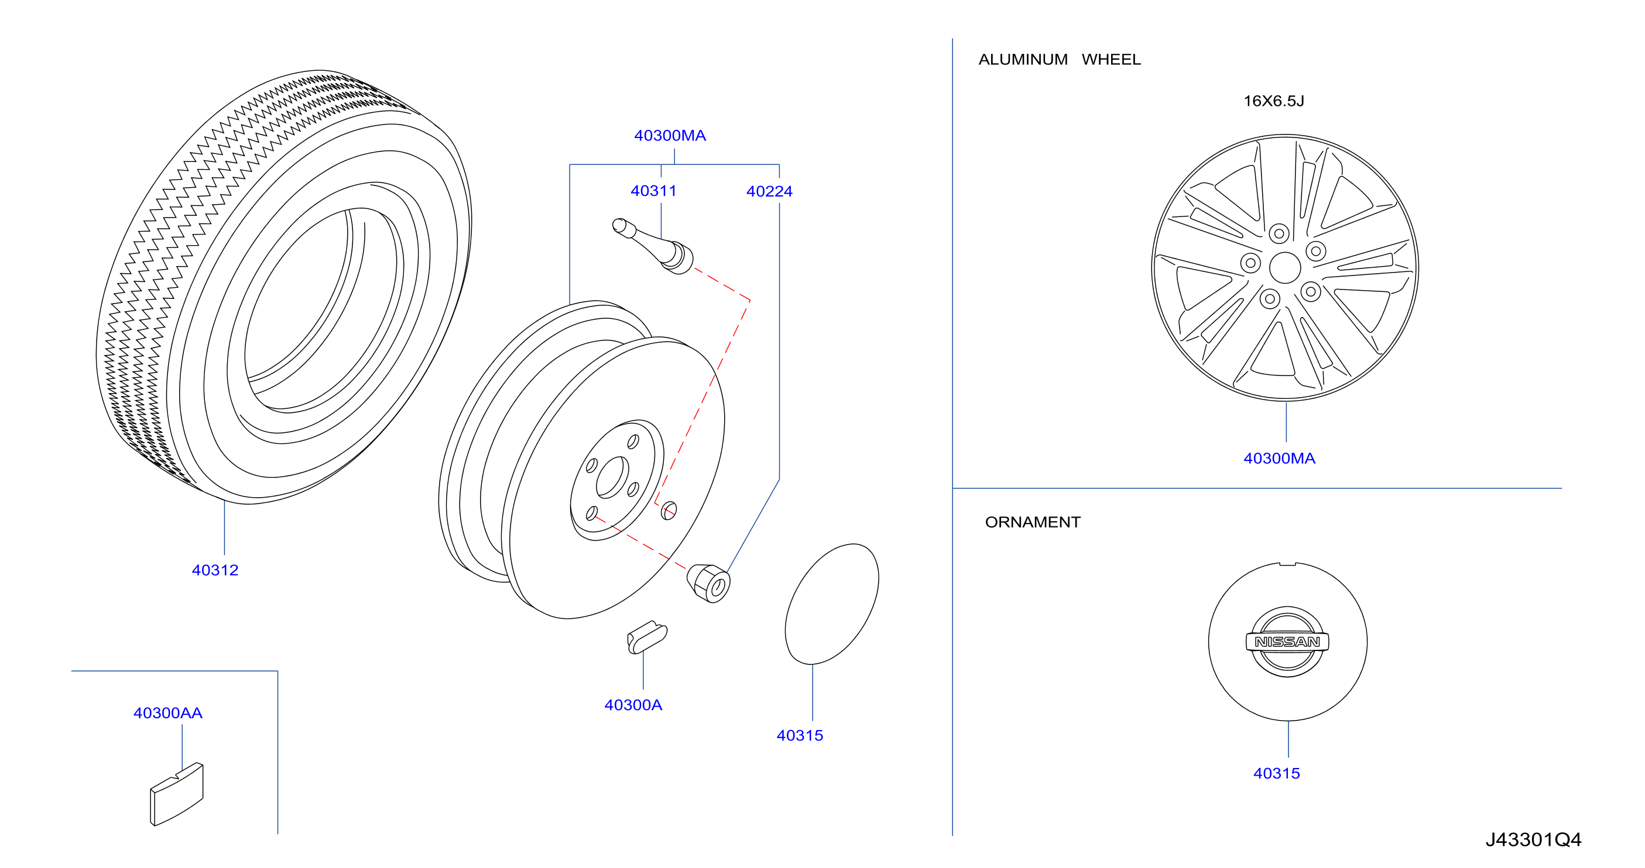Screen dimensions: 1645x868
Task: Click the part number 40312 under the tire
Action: (x=215, y=570)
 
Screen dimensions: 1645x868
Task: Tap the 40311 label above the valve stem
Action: (x=653, y=191)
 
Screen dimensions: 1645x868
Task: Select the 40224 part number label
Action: (x=769, y=191)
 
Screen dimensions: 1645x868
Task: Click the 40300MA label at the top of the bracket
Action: (x=670, y=135)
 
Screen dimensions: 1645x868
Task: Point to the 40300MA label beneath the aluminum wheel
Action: (x=1279, y=458)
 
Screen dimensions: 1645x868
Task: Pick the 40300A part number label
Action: (x=633, y=705)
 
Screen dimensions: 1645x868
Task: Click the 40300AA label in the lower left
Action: (x=168, y=713)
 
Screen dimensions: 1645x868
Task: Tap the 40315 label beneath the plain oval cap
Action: (x=800, y=735)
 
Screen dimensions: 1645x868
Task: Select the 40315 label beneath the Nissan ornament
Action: (x=1277, y=773)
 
